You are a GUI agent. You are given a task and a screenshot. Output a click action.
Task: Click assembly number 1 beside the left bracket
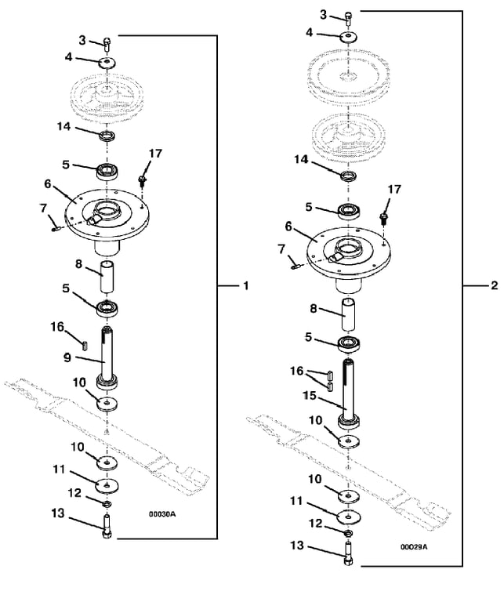point(246,285)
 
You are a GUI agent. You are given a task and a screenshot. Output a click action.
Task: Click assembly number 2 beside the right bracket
point(495,285)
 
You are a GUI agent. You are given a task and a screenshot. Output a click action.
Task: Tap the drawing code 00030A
point(162,514)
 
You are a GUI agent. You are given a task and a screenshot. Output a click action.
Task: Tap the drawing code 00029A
point(414,546)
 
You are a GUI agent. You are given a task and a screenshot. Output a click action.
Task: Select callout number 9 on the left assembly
point(67,357)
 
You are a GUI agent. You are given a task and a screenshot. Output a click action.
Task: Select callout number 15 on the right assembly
point(310,395)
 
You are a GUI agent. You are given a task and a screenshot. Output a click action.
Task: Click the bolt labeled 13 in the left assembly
point(107,527)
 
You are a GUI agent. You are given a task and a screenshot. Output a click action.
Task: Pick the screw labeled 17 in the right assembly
point(384,218)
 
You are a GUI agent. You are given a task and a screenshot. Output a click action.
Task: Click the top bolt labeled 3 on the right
point(349,18)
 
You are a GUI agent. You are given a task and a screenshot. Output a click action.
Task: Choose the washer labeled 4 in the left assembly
point(107,63)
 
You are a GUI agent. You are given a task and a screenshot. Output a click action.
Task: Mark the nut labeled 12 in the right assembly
point(349,533)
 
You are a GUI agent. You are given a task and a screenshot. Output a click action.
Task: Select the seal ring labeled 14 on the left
point(107,136)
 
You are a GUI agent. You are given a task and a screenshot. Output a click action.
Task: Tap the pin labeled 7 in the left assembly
point(56,229)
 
